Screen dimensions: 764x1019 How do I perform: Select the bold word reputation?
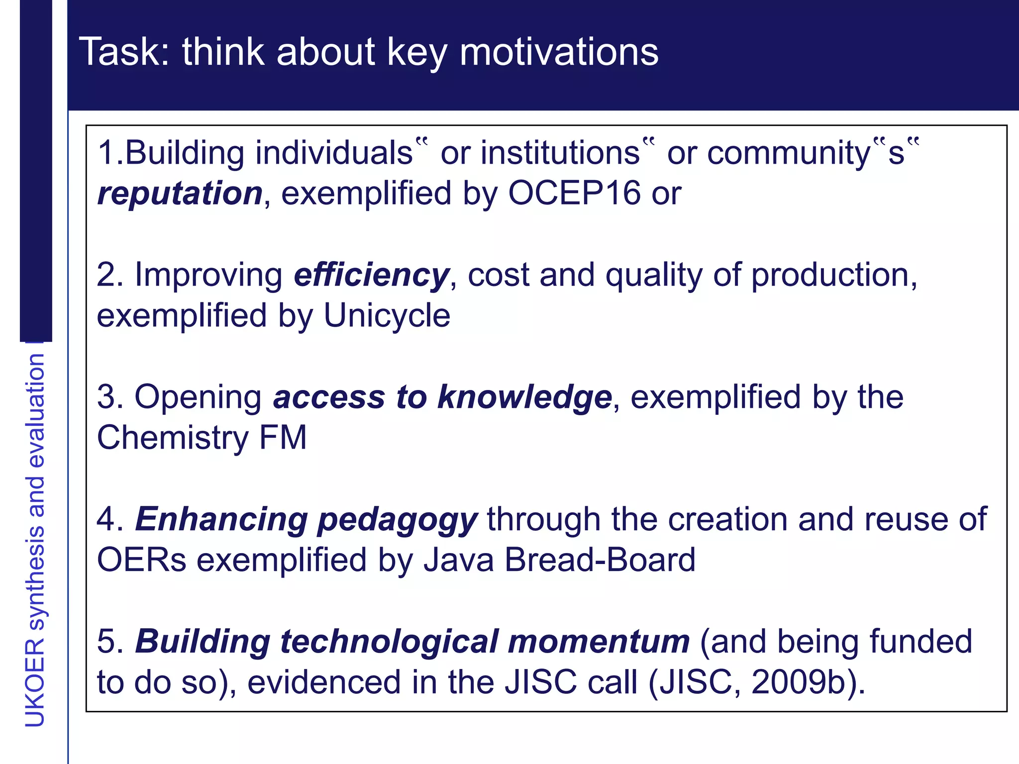pos(180,193)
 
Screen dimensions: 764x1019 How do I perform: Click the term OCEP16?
pos(574,193)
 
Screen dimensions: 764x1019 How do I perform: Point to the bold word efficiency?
pos(371,275)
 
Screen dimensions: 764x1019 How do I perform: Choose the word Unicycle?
pos(387,315)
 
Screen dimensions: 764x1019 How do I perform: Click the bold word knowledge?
pos(524,397)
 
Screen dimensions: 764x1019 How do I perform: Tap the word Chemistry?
pos(172,438)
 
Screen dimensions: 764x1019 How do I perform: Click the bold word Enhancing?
pos(221,519)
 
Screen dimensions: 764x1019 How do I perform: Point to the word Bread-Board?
pos(600,560)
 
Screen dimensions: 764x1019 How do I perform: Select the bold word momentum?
pos(599,642)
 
